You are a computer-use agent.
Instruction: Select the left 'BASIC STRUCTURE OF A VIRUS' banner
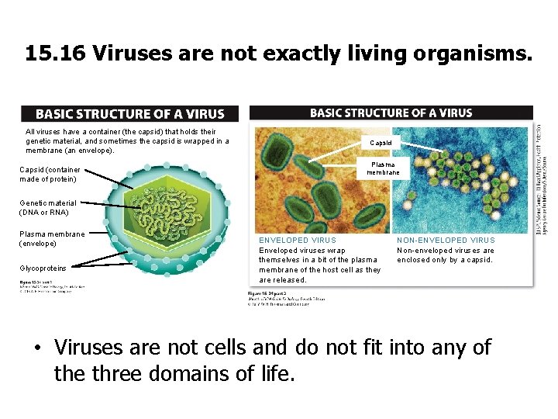coord(129,114)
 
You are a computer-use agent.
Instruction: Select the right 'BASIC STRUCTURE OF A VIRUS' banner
coord(391,113)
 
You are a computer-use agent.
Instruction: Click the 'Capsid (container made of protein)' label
coord(48,175)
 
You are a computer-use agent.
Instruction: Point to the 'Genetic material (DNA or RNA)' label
coord(44,207)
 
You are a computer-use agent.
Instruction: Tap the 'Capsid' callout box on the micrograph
coord(381,143)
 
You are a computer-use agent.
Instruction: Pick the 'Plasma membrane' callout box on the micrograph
coord(383,168)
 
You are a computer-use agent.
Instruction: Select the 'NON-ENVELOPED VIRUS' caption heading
coord(446,241)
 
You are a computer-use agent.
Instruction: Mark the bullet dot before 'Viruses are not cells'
coord(36,348)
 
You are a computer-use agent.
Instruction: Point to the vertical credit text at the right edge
coord(544,178)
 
